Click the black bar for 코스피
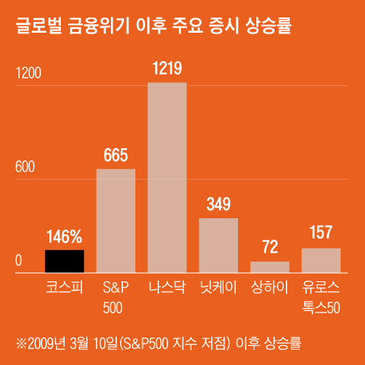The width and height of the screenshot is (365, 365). [x=65, y=261]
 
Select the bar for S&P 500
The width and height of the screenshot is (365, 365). [x=116, y=221]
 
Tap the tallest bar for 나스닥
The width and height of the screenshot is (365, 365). [x=167, y=177]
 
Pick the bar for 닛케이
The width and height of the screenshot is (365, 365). [x=218, y=245]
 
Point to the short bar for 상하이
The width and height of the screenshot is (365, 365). [x=270, y=267]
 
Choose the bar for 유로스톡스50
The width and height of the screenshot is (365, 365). [x=321, y=260]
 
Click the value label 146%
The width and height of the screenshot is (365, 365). [x=65, y=237]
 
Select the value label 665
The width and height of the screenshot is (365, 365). [x=116, y=156]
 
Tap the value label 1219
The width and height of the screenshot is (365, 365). [x=167, y=69]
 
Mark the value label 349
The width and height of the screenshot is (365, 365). [x=218, y=205]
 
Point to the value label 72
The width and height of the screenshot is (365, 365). [x=270, y=248]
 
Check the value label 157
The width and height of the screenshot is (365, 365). [x=321, y=233]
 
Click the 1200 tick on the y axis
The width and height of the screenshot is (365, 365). [x=30, y=74]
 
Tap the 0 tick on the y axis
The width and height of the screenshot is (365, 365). [x=19, y=261]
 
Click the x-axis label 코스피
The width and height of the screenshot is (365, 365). [x=65, y=288]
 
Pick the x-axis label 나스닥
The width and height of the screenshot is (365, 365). [x=167, y=288]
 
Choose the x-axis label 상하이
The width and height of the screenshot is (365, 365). [x=270, y=288]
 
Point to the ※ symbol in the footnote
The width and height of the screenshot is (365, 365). [x=22, y=342]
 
